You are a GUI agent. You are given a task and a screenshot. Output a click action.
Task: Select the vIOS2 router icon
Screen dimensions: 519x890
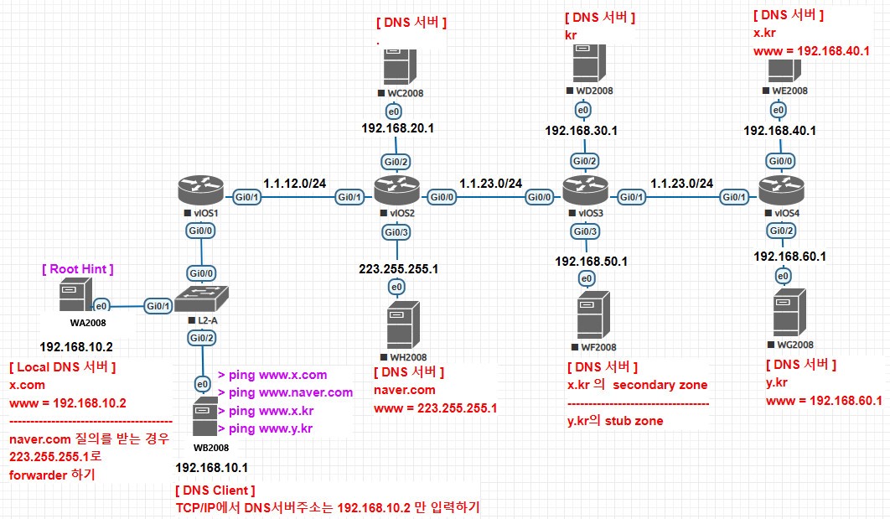[x=396, y=193]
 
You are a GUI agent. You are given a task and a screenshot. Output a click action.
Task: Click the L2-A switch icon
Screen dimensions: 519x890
[x=201, y=297]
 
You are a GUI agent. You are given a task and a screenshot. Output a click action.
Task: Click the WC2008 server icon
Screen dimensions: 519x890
[x=395, y=65]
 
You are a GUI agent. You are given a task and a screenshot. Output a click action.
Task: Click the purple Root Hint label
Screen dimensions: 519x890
[x=77, y=269]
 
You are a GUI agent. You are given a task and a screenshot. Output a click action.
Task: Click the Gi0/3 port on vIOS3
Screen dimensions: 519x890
[x=585, y=231]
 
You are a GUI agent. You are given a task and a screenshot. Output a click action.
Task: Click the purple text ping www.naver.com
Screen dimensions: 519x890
[x=285, y=392]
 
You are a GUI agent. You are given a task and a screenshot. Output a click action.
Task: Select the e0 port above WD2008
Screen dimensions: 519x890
[x=582, y=110]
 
